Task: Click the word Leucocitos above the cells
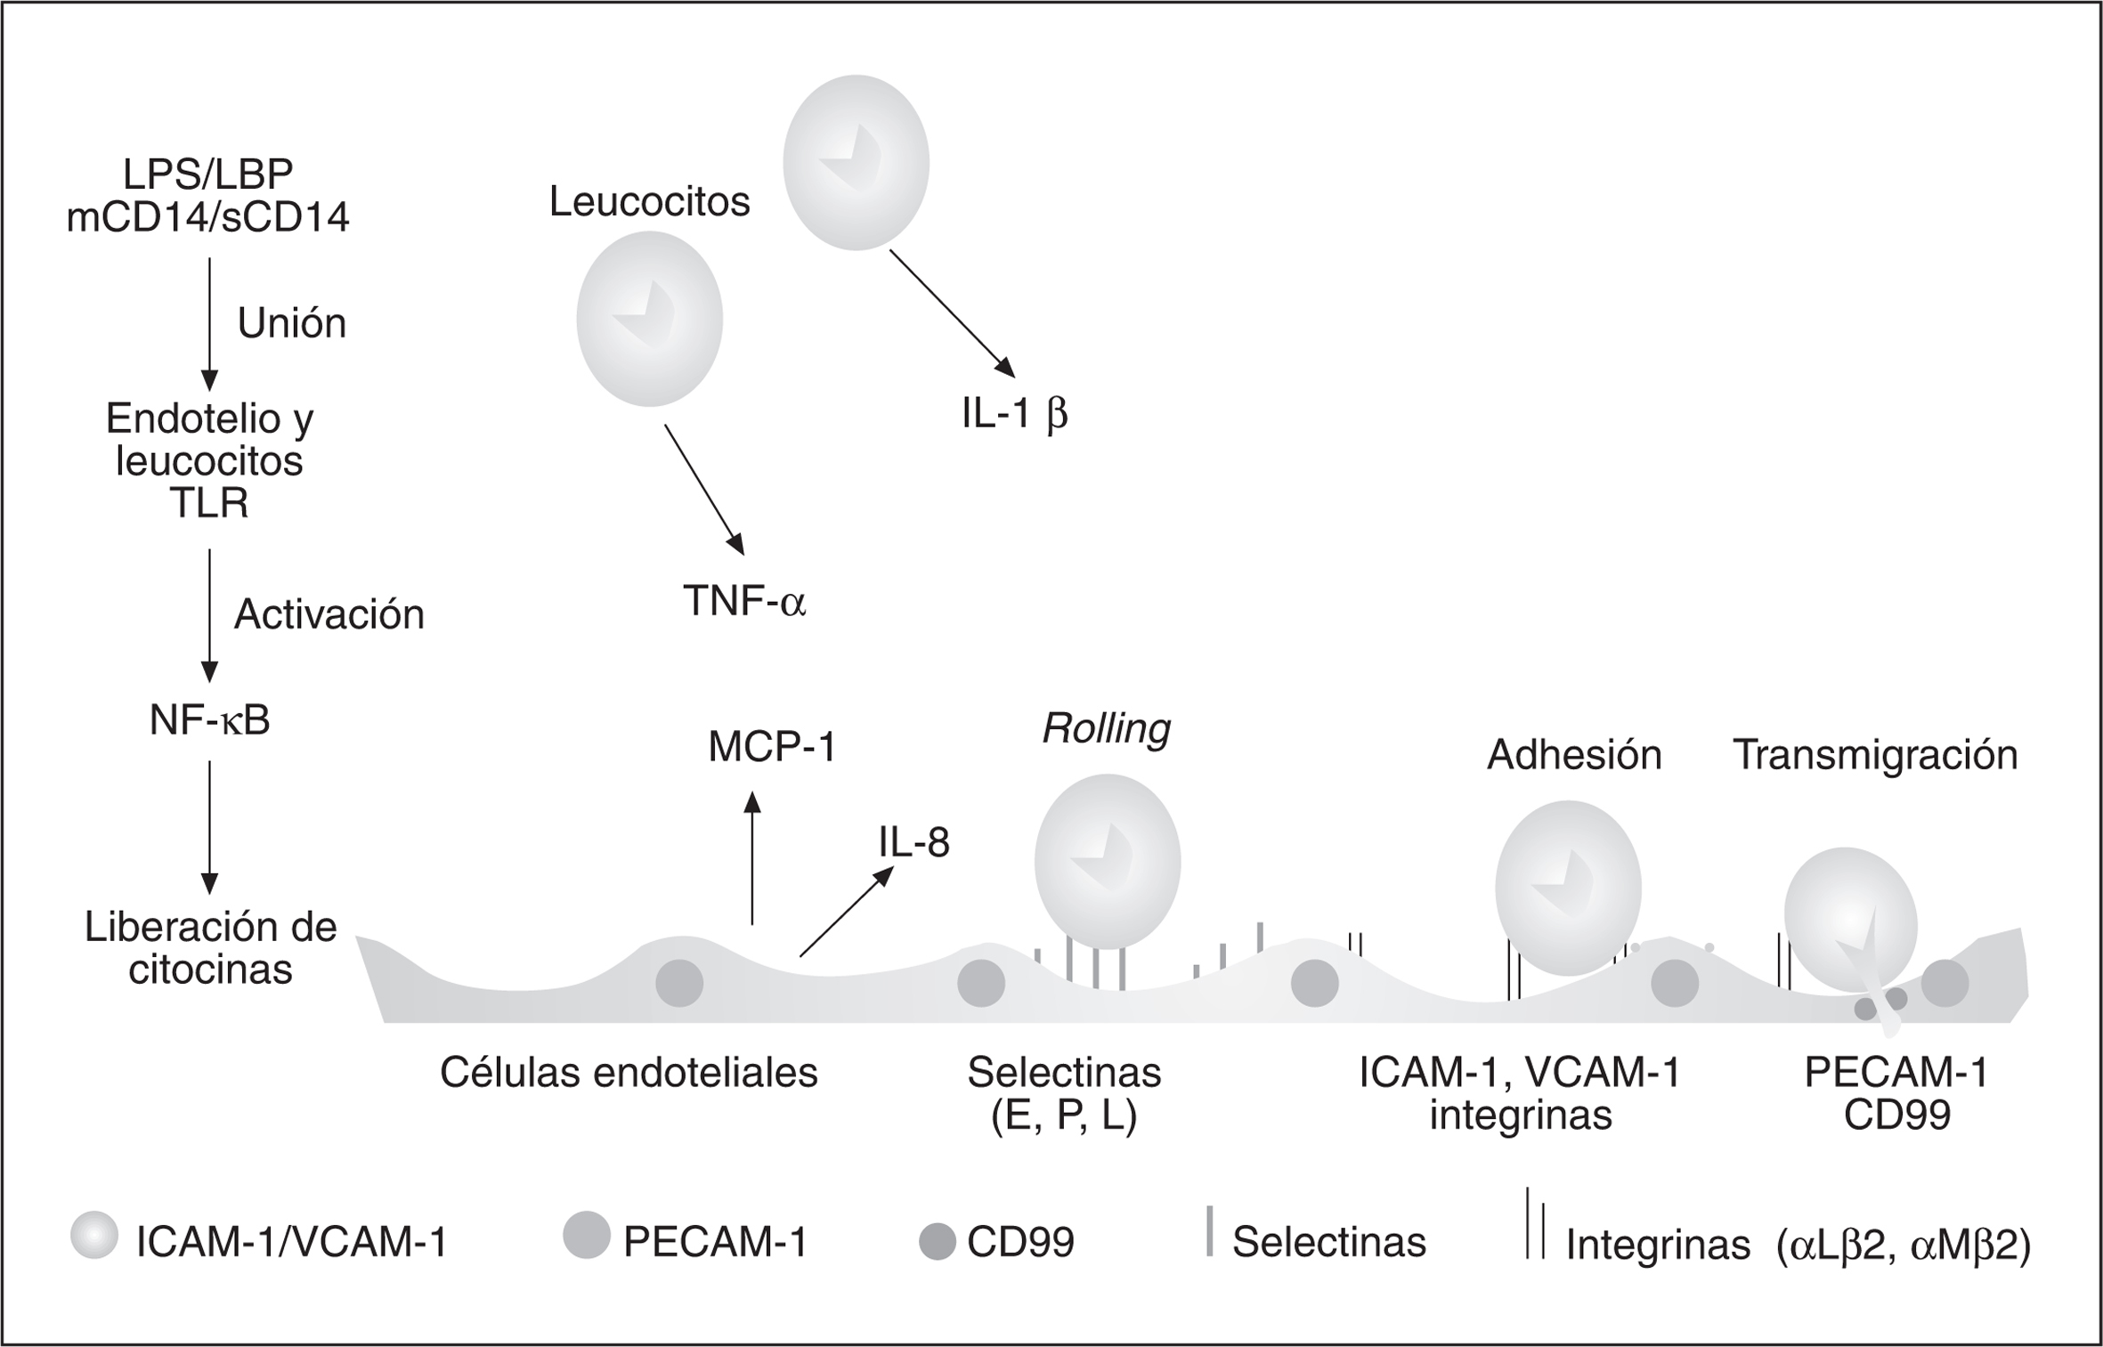tap(649, 202)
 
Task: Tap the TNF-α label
tap(743, 601)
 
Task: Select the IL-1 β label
tap(1014, 414)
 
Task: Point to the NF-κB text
tap(209, 721)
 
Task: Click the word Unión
tap(291, 322)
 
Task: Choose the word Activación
tap(329, 614)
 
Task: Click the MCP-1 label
tap(772, 748)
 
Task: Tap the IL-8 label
tap(913, 842)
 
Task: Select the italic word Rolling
tap(1106, 728)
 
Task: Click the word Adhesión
tap(1574, 755)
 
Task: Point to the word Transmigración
tap(1875, 755)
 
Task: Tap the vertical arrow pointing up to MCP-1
tap(752, 858)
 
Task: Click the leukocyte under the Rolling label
tap(1107, 861)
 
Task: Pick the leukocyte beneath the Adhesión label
tap(1567, 888)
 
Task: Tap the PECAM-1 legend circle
tap(586, 1235)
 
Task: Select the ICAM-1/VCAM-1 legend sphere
tap(94, 1236)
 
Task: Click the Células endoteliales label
tap(629, 1074)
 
